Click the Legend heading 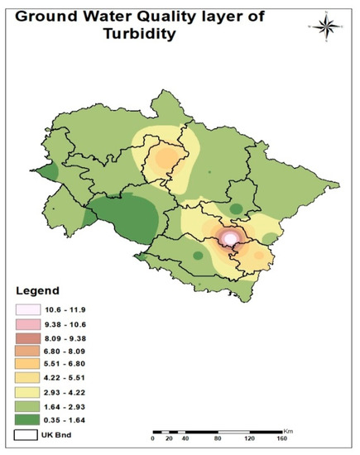tap(37, 291)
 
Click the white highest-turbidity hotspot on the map tap(232, 238)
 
